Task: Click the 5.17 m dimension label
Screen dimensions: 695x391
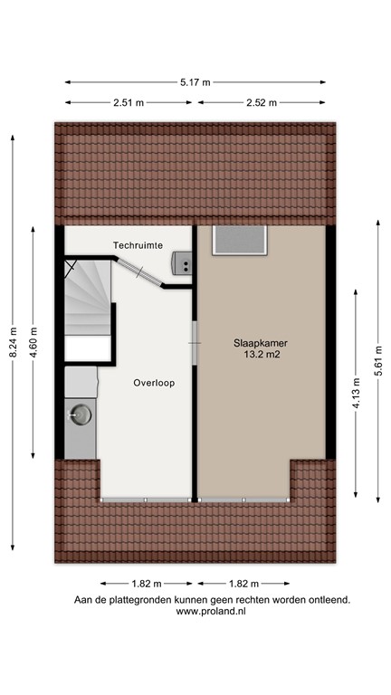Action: (x=195, y=82)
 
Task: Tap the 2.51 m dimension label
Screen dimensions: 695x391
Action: (x=129, y=102)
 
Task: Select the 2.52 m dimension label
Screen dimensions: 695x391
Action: (x=262, y=102)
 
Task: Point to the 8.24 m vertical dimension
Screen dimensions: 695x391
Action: (x=13, y=342)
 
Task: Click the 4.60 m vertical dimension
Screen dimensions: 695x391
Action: (x=33, y=342)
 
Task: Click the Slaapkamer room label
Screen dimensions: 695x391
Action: (x=259, y=342)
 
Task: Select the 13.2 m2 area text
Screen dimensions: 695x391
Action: (x=259, y=355)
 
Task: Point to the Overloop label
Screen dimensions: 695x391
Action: (x=154, y=383)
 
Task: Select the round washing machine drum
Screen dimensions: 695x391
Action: (x=81, y=415)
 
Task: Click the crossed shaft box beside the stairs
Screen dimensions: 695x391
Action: (x=70, y=266)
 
